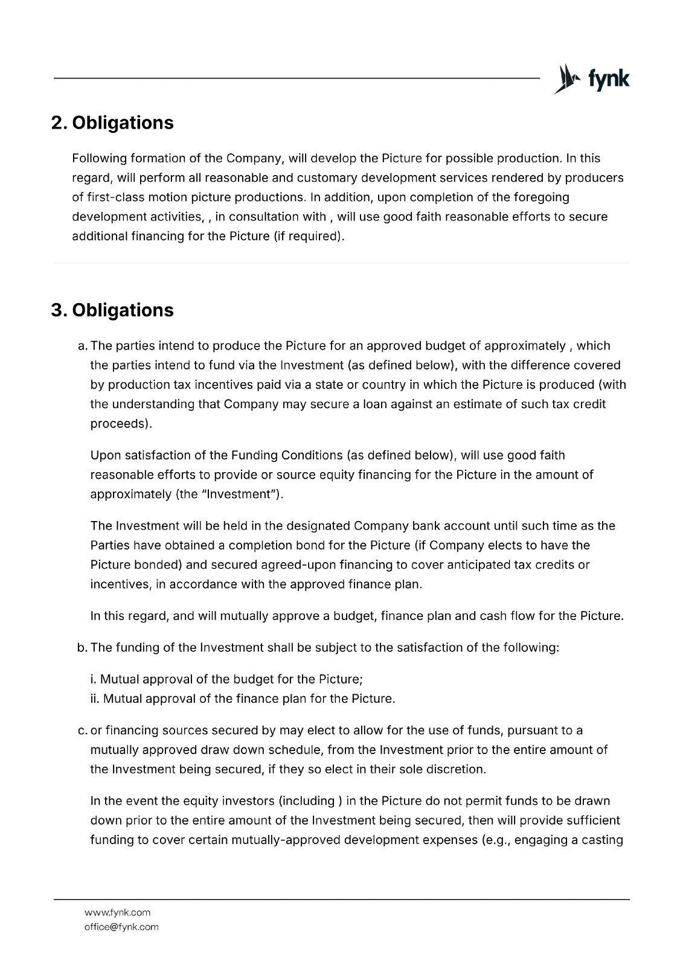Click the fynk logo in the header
pos(592,79)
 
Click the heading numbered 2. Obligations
pos(112,123)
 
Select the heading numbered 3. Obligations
pos(112,310)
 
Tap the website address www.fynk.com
pos(117,912)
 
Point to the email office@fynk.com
pos(121,927)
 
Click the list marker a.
pos(82,346)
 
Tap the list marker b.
pos(82,648)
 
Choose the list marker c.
pos(82,731)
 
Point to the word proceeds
pos(120,423)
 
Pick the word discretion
pos(457,769)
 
